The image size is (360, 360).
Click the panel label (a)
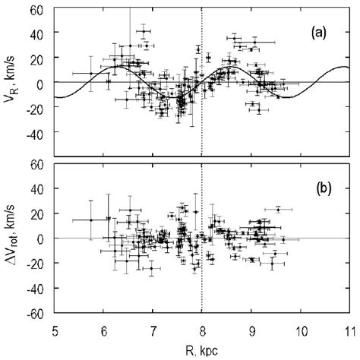321,33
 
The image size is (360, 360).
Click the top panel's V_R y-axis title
10,82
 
